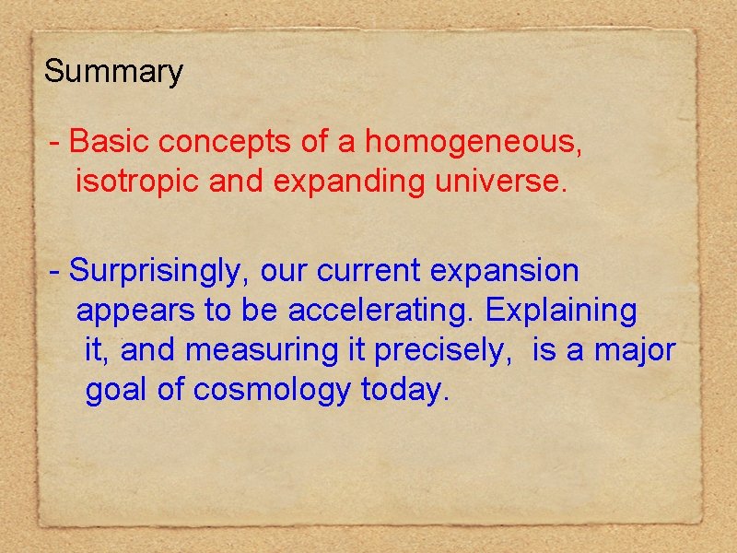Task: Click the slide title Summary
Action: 113,72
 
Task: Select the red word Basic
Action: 108,143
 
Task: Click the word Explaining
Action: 561,312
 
